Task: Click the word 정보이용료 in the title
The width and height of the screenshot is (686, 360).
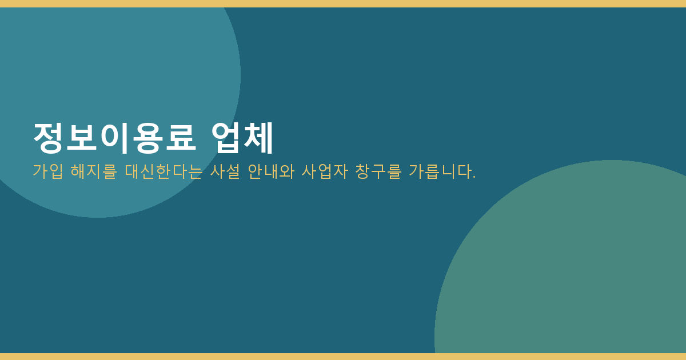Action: [114, 138]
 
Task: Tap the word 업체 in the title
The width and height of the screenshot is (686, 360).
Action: [242, 138]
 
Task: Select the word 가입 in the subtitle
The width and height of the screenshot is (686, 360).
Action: [48, 171]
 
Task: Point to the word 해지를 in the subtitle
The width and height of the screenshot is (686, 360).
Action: [94, 171]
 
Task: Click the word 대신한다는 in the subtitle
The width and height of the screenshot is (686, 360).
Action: [163, 171]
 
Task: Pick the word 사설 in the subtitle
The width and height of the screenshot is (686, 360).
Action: [225, 171]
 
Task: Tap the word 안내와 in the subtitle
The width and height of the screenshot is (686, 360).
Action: [271, 171]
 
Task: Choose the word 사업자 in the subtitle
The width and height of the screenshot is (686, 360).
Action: [325, 171]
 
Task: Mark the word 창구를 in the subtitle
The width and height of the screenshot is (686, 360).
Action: [378, 171]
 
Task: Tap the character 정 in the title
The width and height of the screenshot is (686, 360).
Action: [49, 138]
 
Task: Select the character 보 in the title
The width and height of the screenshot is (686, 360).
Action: [82, 138]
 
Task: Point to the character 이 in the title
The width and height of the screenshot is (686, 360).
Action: [114, 138]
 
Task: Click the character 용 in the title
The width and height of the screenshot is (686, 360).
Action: [147, 138]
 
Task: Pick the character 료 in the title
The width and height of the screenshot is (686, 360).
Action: [181, 138]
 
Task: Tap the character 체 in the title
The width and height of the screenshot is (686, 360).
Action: [258, 138]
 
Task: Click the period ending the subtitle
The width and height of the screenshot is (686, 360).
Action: [474, 177]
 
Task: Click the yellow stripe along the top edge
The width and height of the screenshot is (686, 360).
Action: [343, 3]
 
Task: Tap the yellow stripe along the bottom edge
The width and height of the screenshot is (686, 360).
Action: [343, 357]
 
